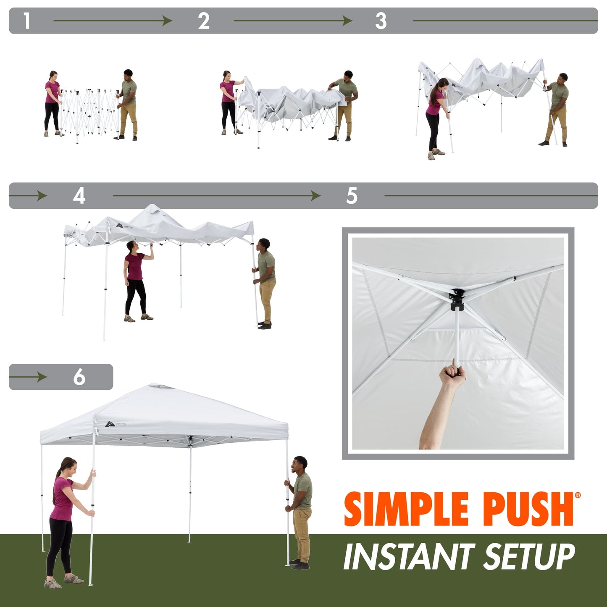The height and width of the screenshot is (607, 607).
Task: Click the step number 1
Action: tap(27, 21)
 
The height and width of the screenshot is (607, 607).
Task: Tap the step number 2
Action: tap(204, 21)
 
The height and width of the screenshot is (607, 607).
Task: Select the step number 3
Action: tap(381, 21)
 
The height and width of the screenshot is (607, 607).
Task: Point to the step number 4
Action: tap(79, 196)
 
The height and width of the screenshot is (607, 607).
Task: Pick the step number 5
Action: tap(352, 196)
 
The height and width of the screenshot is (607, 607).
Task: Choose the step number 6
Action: tap(79, 377)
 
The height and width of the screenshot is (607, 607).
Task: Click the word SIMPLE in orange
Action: tap(406, 509)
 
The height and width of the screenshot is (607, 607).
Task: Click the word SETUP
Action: tap(529, 557)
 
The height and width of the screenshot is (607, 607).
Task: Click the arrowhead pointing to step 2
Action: tap(168, 21)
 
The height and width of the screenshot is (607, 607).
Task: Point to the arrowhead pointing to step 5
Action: tap(315, 196)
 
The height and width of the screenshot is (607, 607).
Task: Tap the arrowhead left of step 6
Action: tap(42, 377)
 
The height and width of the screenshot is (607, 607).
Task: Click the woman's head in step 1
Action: tap(53, 76)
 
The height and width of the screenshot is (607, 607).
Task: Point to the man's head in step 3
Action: tap(562, 78)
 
